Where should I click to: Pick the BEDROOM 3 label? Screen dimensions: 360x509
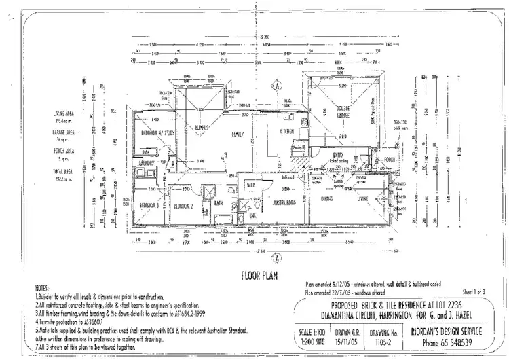tap(149, 205)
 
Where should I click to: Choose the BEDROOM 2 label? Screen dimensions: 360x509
tap(184, 206)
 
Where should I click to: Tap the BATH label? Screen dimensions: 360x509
tap(219, 203)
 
